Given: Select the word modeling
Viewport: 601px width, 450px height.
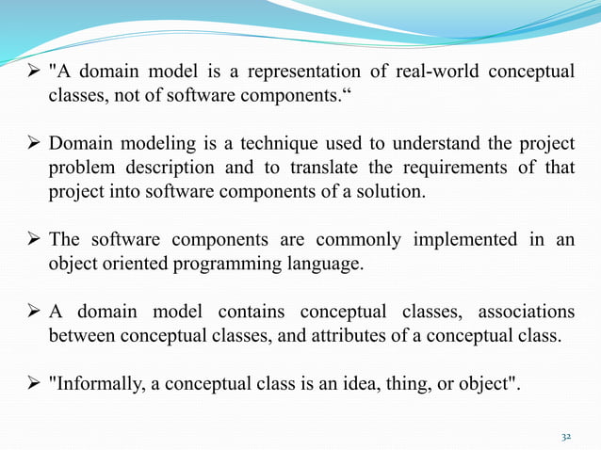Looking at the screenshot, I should click(145, 144).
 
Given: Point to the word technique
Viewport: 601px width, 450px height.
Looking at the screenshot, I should click(257, 144).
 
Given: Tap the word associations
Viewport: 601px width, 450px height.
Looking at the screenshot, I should click(526, 312).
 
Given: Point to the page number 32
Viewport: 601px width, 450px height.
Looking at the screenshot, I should click(566, 436).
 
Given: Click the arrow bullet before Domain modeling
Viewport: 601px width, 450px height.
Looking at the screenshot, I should click(34, 145).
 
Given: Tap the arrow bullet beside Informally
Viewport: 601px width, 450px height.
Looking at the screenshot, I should click(34, 384).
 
